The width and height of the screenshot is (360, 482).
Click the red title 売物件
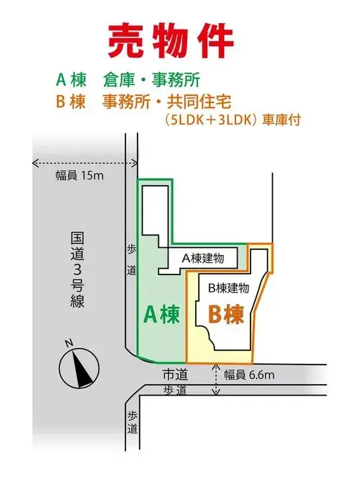coord(171,41)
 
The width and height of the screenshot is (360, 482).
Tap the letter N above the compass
coord(69,343)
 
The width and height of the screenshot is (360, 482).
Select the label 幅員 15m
coord(79,176)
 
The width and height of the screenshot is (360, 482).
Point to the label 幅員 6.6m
coord(249,375)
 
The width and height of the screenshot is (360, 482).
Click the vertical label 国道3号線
coord(77,270)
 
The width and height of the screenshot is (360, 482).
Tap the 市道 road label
coord(175,375)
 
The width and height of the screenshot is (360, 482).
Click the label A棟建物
coord(203,259)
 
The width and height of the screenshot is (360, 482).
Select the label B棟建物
coord(228,288)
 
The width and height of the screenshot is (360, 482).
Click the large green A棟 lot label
coord(161,314)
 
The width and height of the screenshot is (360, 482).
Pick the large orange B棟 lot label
coord(226,314)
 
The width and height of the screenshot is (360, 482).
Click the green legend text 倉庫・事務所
coord(151,80)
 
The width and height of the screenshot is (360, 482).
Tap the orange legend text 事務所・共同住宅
coord(166,102)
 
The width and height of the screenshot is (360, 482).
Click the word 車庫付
coord(281,120)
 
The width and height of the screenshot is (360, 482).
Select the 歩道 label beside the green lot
coord(132,260)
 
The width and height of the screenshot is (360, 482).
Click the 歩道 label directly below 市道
coord(175,390)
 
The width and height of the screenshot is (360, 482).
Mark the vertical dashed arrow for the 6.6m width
coord(216,379)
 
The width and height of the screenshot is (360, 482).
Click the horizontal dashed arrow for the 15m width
coord(84,163)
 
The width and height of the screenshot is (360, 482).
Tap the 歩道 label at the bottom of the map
coord(132,423)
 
